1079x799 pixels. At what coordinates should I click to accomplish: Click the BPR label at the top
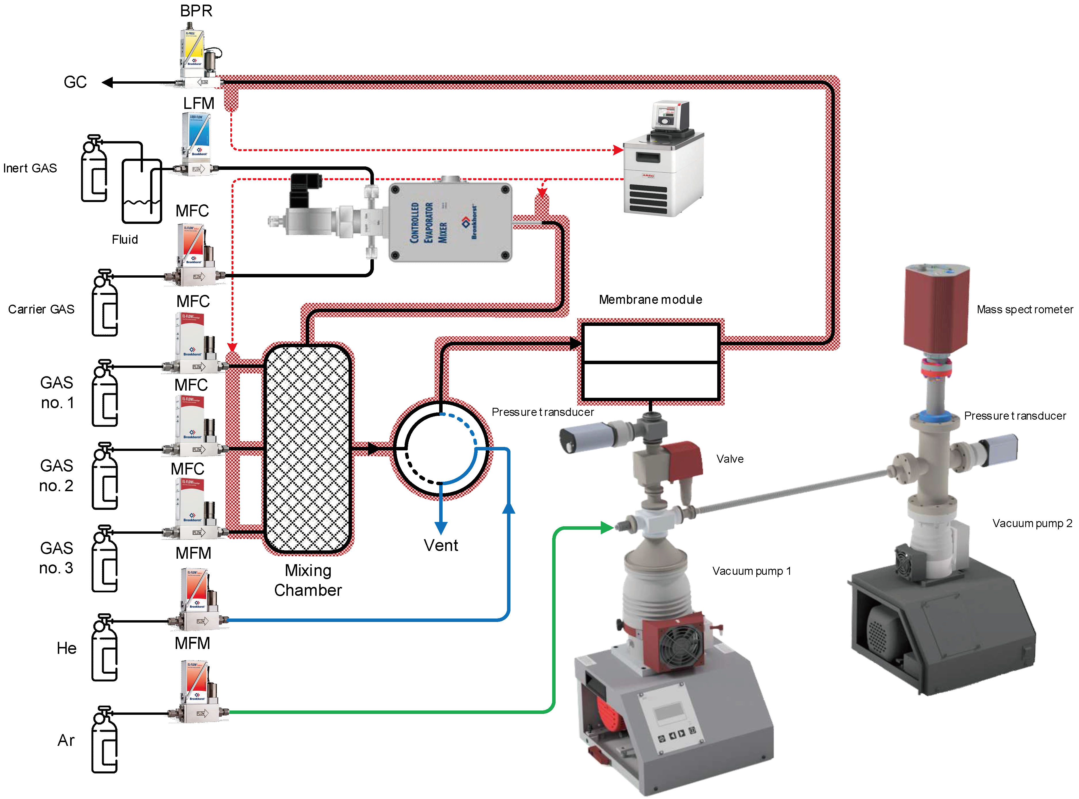coord(196,11)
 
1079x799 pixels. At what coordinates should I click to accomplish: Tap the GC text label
coord(75,82)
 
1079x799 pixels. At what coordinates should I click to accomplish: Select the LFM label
coord(198,103)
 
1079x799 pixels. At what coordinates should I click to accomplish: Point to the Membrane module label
coord(650,299)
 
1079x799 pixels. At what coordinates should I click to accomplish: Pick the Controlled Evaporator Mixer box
coord(450,222)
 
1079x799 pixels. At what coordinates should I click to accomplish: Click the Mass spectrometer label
coord(1024,310)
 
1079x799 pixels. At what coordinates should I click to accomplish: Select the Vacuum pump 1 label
coord(751,571)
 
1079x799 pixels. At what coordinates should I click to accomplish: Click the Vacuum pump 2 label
coord(1032,523)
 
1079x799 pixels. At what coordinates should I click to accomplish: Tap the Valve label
coord(730,459)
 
